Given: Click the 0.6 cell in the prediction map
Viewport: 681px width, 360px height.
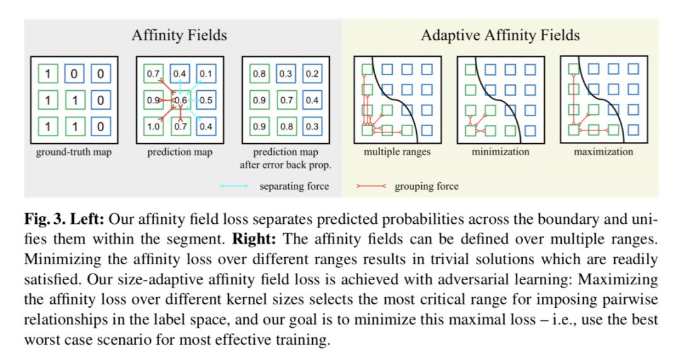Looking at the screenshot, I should [180, 100].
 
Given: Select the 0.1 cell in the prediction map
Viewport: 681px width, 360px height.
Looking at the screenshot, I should [206, 74].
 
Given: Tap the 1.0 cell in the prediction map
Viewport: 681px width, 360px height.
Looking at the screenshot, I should [153, 126].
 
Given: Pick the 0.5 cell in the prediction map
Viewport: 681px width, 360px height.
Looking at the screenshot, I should [206, 100].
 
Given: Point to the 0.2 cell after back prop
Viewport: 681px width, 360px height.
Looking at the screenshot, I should [311, 74].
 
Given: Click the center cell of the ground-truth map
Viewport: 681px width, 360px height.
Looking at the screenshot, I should [74, 100].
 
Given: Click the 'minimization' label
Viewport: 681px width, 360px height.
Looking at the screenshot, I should [500, 152].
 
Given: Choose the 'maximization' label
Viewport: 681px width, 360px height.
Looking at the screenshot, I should [603, 152].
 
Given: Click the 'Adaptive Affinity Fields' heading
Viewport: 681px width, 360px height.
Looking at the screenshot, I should [500, 35].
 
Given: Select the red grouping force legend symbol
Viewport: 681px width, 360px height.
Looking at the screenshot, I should [370, 186].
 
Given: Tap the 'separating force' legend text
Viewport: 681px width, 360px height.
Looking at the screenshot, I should [294, 186].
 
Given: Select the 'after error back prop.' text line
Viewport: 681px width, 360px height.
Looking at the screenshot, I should [286, 165].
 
